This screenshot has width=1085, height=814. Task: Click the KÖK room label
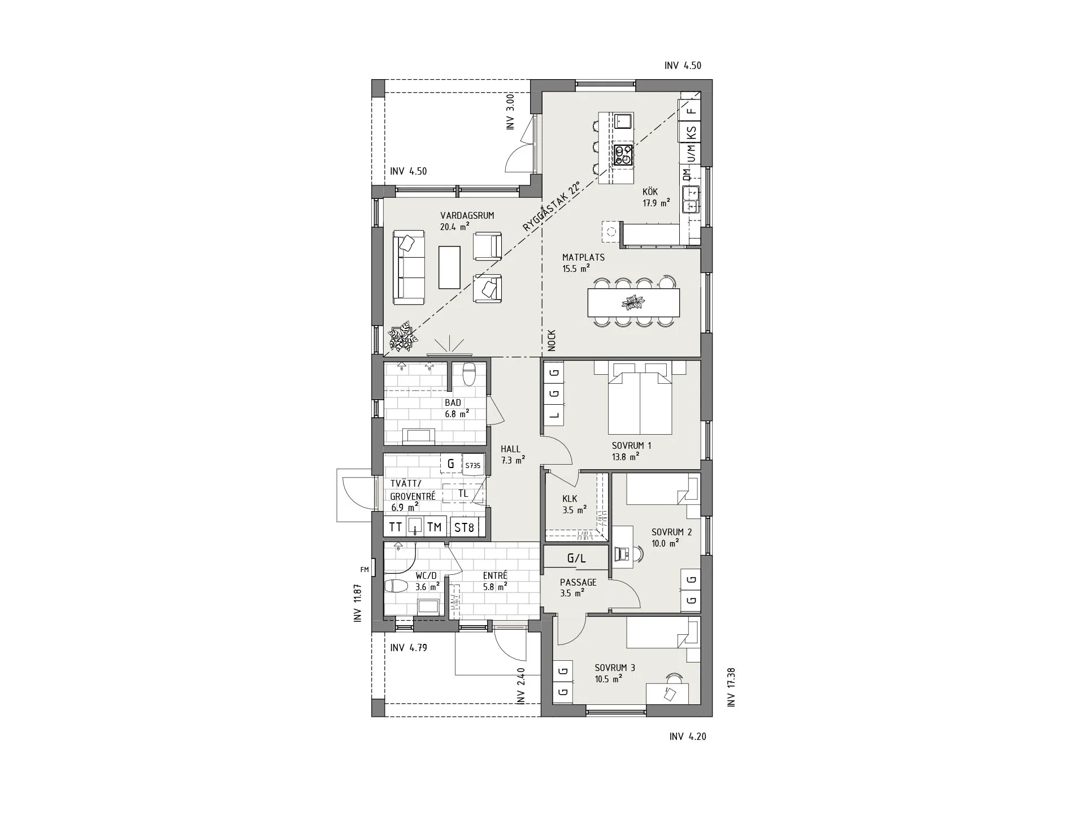click(x=650, y=192)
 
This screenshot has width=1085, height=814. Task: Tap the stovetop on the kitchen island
click(x=623, y=155)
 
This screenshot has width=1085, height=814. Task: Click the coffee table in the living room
click(x=450, y=267)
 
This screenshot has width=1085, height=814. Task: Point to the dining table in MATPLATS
click(x=633, y=302)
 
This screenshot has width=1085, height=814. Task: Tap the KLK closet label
click(x=570, y=499)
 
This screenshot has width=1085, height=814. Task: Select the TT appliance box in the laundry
click(x=396, y=527)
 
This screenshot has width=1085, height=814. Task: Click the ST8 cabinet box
click(x=464, y=527)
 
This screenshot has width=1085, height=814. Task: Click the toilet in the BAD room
click(x=469, y=374)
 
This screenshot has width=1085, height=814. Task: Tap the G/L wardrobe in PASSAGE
click(x=576, y=558)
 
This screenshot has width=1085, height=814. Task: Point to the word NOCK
click(x=552, y=340)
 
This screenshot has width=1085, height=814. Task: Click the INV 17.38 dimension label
click(x=731, y=687)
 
